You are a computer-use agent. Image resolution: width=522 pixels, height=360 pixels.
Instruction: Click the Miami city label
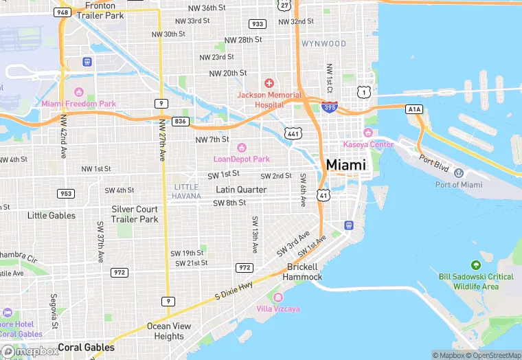click(346, 166)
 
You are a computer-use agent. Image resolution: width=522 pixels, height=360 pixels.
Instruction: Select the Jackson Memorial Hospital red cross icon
click(269, 82)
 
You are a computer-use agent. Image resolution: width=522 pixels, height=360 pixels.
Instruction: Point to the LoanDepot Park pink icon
click(242, 148)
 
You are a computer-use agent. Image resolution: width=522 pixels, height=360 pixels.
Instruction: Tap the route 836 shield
click(181, 121)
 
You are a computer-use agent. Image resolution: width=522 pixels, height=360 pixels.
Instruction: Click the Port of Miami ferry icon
click(459, 172)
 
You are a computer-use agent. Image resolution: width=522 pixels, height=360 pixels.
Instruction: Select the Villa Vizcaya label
click(277, 309)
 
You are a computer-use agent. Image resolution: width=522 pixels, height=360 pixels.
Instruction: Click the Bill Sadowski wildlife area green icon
click(475, 265)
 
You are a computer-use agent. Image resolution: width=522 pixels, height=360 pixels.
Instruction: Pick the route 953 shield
click(65, 194)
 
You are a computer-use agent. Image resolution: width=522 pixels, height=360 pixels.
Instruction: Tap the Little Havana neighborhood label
click(187, 192)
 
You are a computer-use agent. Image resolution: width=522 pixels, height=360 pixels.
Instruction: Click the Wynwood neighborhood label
click(324, 44)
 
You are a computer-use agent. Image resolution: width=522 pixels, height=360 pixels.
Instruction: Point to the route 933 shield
click(258, 24)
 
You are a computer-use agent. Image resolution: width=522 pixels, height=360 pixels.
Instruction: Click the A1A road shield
click(414, 109)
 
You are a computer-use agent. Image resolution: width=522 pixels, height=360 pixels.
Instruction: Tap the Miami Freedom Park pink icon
click(78, 92)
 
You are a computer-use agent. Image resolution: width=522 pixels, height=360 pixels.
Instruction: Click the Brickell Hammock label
click(303, 272)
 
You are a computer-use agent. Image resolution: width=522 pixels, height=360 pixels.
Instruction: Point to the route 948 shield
click(63, 12)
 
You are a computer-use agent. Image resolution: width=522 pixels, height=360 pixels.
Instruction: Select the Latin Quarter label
click(241, 190)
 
